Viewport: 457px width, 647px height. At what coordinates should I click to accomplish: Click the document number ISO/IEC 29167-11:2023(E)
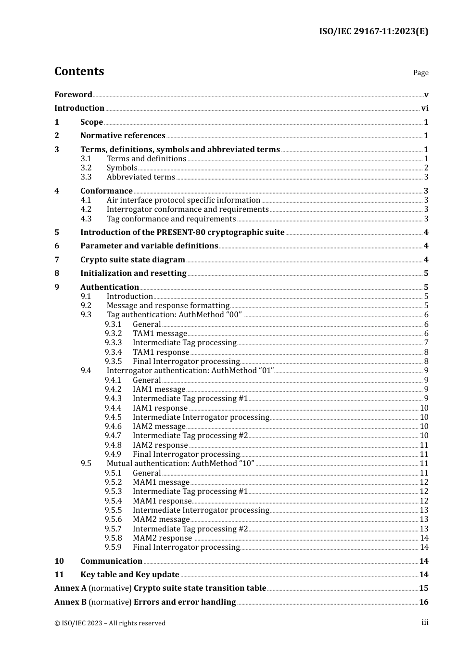(x=373, y=32)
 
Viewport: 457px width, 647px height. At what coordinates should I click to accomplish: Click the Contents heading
(x=79, y=71)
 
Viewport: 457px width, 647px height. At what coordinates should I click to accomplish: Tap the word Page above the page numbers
(x=420, y=73)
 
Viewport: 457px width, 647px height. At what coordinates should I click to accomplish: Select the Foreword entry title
(x=73, y=95)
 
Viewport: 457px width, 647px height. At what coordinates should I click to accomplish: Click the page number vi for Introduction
(x=425, y=108)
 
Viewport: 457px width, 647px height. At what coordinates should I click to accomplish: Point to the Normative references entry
(x=123, y=136)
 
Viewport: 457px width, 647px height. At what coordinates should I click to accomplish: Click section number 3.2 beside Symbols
(x=86, y=168)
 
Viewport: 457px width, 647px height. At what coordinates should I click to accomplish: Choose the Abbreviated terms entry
(x=140, y=177)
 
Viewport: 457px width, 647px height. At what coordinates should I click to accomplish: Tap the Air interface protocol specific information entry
(x=183, y=200)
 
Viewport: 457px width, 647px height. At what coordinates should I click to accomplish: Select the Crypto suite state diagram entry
(x=132, y=260)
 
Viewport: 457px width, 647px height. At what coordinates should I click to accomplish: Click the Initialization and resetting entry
(x=133, y=273)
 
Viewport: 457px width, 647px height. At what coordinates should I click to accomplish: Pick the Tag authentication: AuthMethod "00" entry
(x=174, y=315)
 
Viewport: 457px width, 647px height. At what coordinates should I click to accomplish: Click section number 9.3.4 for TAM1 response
(x=113, y=352)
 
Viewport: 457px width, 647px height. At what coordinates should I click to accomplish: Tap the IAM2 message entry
(x=159, y=427)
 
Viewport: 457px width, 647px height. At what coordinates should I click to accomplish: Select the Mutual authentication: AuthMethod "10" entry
(x=180, y=464)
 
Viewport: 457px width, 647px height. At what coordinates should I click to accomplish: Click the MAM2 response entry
(x=162, y=538)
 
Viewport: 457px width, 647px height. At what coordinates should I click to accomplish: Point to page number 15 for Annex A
(x=423, y=588)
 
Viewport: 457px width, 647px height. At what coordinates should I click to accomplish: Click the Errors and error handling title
(x=185, y=602)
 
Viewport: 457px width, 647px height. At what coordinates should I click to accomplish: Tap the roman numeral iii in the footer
(x=425, y=622)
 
